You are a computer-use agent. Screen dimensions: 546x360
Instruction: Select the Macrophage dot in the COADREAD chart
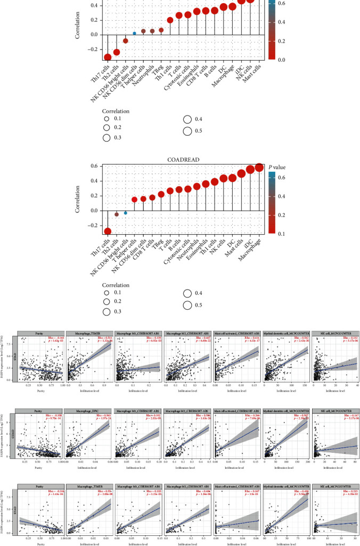tap(259, 168)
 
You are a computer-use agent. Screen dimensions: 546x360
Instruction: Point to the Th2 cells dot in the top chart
tap(117, 52)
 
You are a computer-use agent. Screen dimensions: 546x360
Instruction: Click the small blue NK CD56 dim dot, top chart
tap(135, 33)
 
